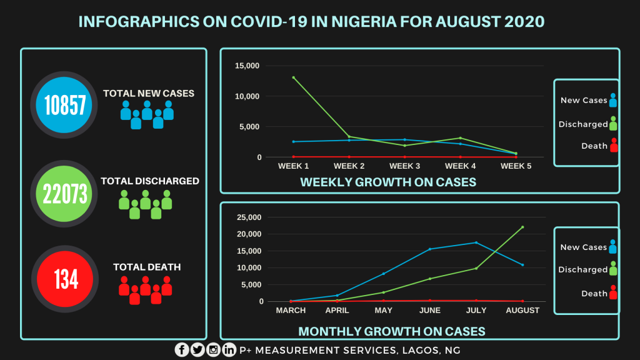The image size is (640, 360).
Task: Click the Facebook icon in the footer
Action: (x=182, y=350)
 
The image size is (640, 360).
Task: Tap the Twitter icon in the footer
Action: (x=197, y=350)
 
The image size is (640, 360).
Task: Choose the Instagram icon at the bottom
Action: (x=214, y=350)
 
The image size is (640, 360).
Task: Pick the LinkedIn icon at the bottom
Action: (x=229, y=350)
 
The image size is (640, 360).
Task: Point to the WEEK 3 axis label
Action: (x=405, y=166)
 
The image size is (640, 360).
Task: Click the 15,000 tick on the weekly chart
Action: (x=247, y=66)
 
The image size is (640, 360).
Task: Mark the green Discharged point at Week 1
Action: (x=294, y=77)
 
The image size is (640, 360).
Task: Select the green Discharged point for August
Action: (x=522, y=227)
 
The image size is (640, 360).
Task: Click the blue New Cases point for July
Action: (x=476, y=242)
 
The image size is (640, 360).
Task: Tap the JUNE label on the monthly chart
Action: (x=430, y=311)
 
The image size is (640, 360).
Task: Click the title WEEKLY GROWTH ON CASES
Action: (x=388, y=182)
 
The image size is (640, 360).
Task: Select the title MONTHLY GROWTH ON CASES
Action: (x=392, y=331)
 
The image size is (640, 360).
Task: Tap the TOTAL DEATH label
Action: (x=147, y=267)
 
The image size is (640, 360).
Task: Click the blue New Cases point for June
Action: (x=430, y=249)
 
